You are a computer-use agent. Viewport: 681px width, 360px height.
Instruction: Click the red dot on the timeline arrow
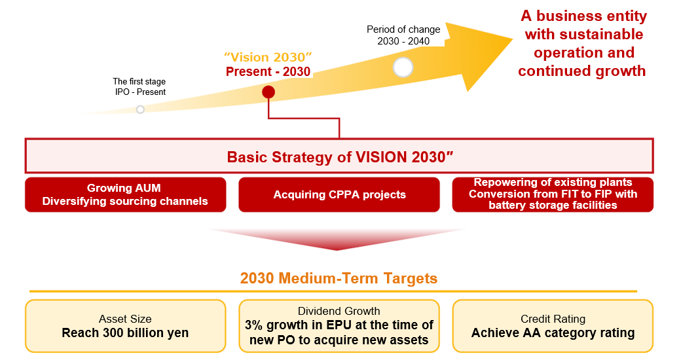(x=268, y=92)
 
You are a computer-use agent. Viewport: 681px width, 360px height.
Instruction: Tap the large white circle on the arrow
(x=403, y=67)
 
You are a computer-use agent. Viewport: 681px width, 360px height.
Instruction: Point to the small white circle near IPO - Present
(x=140, y=109)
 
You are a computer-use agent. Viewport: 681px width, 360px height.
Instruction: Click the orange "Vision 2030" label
(x=268, y=58)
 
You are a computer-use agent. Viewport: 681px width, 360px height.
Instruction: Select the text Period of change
(x=403, y=29)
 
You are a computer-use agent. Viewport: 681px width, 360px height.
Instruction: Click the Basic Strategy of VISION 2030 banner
(x=340, y=156)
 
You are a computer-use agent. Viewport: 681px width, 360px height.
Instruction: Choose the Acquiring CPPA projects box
(x=340, y=194)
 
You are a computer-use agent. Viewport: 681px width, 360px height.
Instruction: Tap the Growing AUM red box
(x=125, y=194)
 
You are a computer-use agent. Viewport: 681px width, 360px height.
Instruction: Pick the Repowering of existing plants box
(x=553, y=194)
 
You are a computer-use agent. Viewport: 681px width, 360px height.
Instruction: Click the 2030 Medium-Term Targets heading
(x=339, y=278)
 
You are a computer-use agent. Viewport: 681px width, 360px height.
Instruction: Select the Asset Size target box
(x=125, y=326)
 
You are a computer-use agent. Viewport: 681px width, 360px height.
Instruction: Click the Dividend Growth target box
(x=339, y=326)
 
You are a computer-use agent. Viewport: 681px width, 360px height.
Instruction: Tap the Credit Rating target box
(x=553, y=326)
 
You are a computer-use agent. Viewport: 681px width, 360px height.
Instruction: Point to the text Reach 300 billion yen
(x=125, y=333)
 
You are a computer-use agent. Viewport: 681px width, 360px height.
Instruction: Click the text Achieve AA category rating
(x=553, y=333)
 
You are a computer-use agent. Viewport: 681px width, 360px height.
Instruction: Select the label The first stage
(x=140, y=82)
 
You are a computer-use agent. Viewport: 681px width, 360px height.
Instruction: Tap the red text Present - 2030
(x=268, y=72)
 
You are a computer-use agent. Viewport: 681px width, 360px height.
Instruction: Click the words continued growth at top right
(x=581, y=71)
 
